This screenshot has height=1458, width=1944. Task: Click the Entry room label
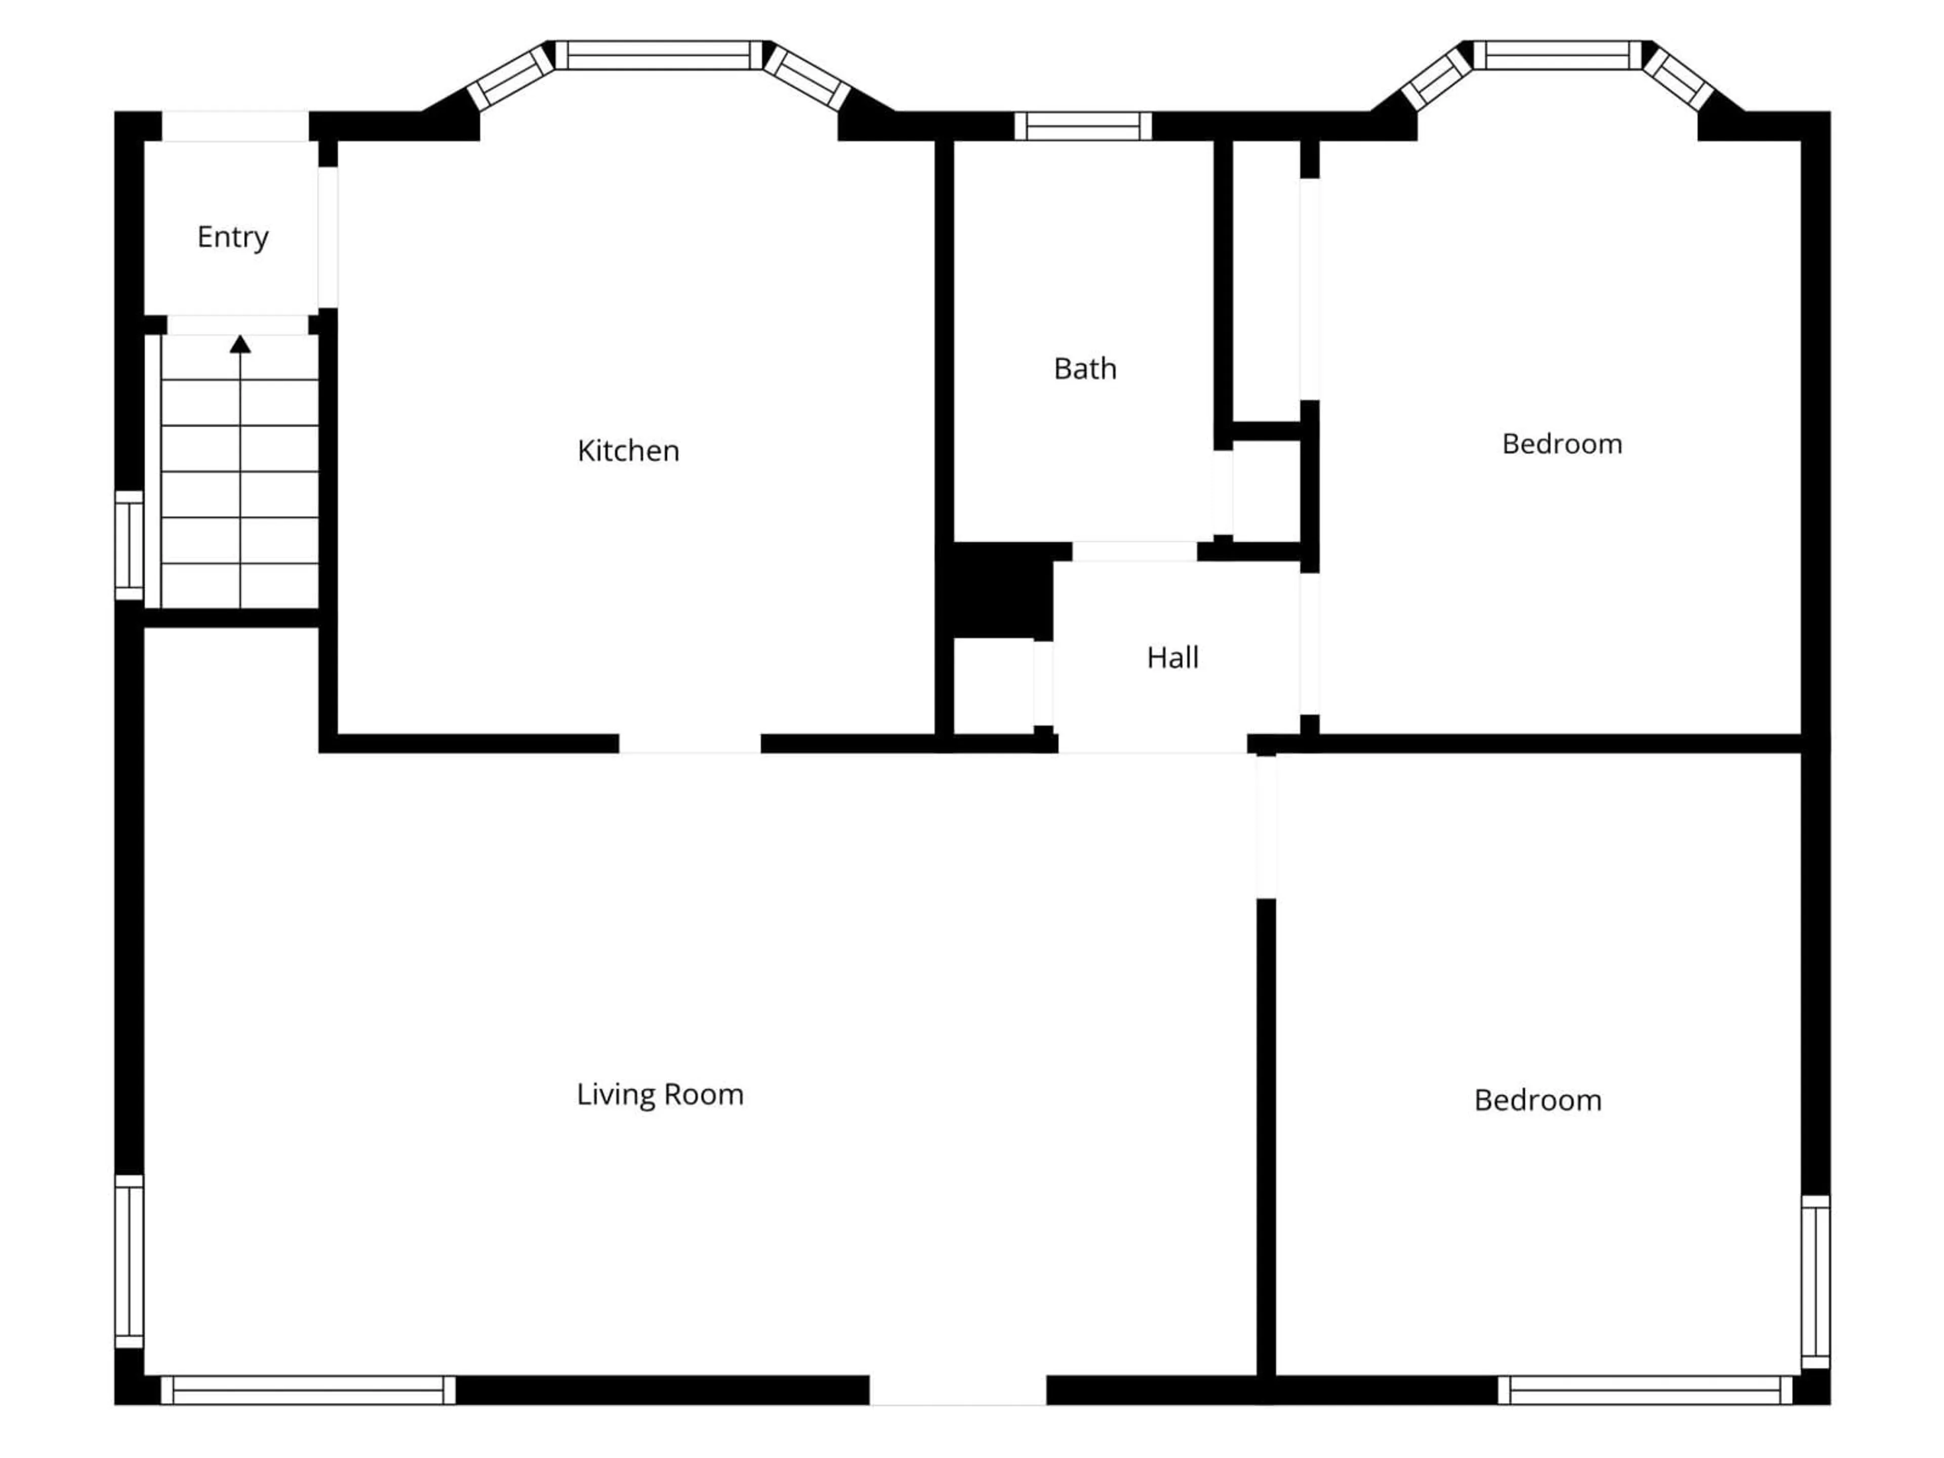tap(233, 237)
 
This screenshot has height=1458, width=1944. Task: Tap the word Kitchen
tap(628, 451)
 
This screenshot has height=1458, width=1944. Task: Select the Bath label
tap(1085, 369)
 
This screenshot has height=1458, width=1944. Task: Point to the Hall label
tap(1172, 658)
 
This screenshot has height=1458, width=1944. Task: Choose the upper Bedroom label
tap(1562, 444)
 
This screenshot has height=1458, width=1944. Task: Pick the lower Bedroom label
tap(1538, 1100)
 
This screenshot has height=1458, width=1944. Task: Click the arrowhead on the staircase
tap(240, 345)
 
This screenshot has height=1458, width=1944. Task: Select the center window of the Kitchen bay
tap(659, 55)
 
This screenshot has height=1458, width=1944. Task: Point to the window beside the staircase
tap(129, 545)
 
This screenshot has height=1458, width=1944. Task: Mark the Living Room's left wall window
tap(129, 1261)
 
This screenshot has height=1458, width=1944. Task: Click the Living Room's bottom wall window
tap(308, 1390)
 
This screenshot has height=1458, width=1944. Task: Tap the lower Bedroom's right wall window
tap(1816, 1281)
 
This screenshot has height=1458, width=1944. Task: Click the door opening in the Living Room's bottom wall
tap(958, 1390)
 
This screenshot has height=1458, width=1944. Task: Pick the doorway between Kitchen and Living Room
tap(690, 744)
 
